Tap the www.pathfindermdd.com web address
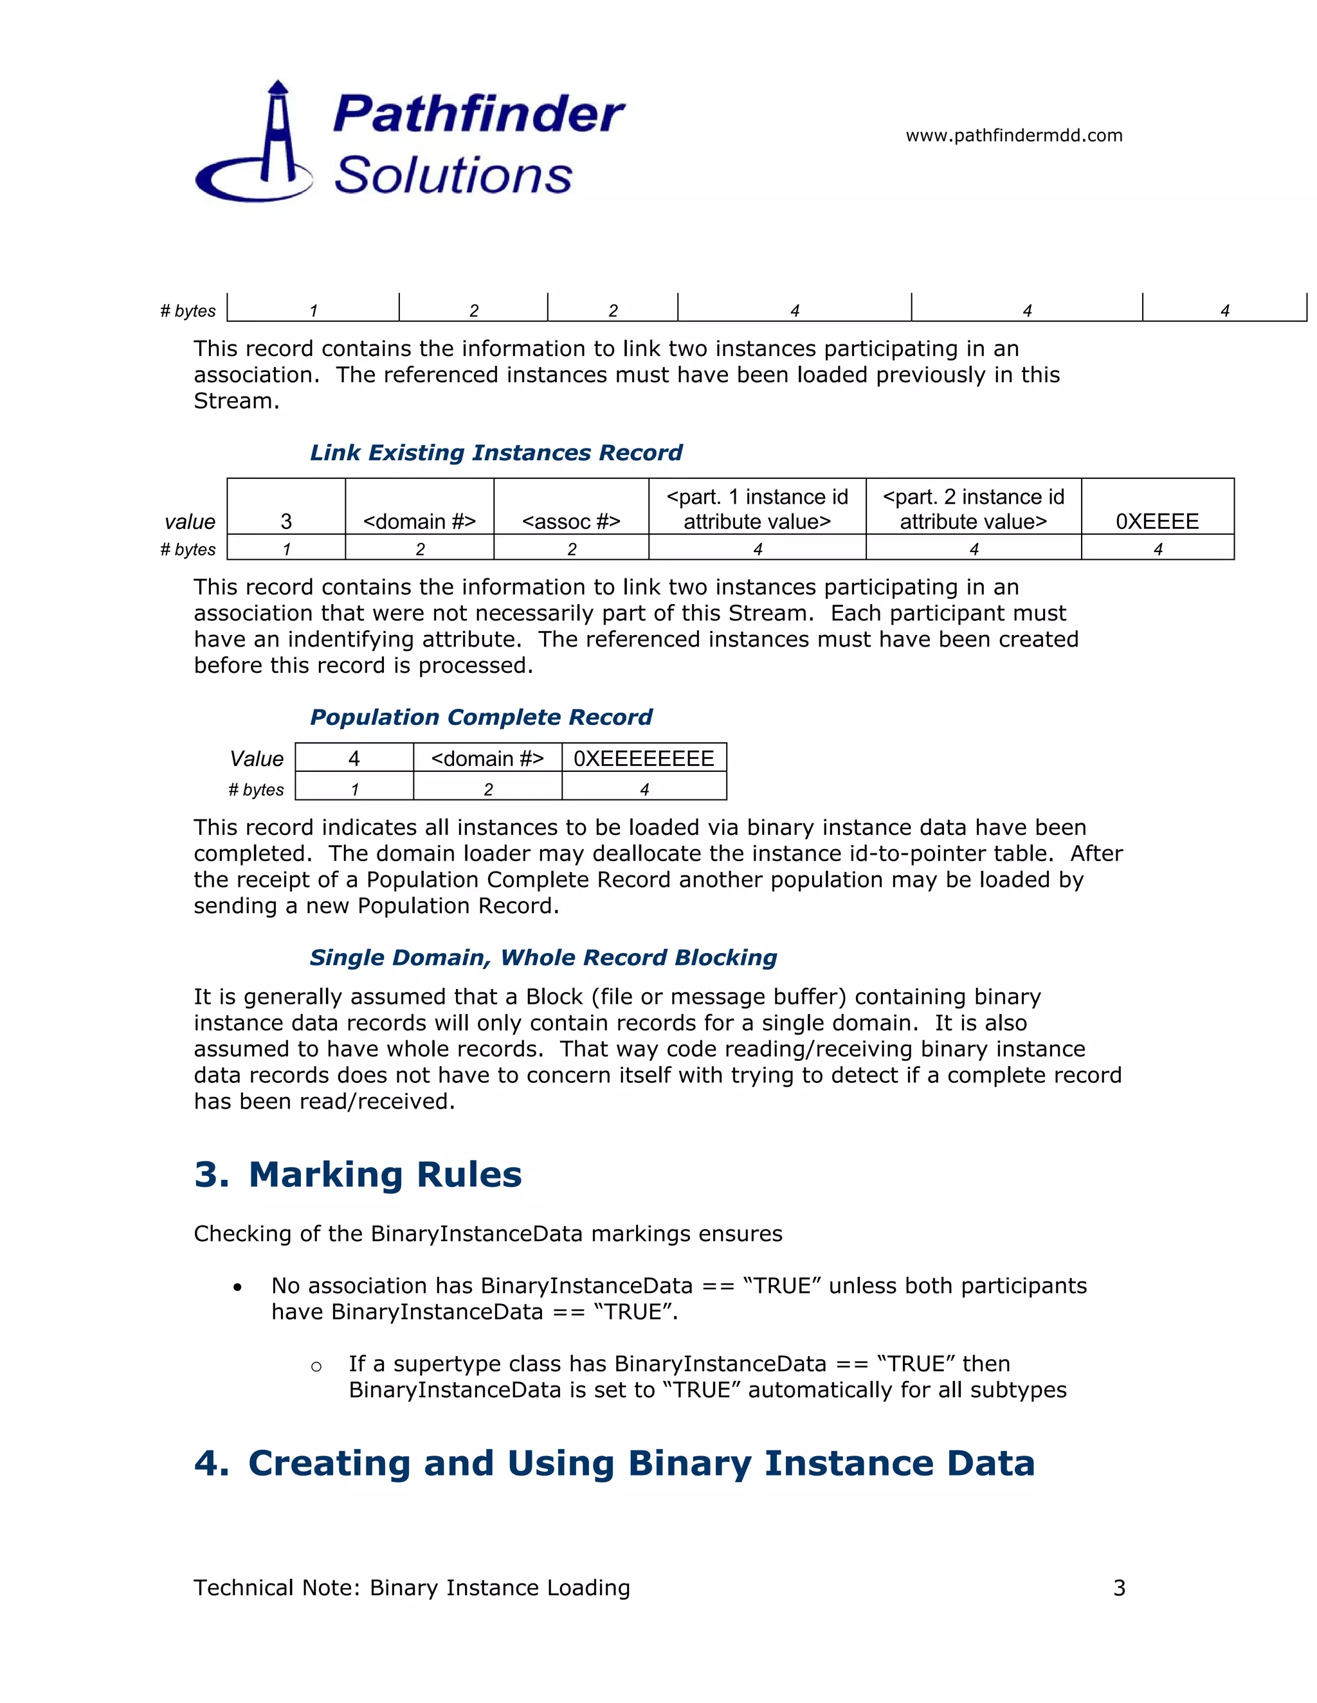(1013, 136)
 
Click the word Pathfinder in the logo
(478, 114)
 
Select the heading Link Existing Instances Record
(495, 452)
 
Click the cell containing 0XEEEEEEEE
(644, 758)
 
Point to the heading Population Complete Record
(480, 717)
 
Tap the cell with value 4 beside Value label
(354, 758)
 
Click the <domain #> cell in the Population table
(487, 758)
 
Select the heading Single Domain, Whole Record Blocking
(543, 957)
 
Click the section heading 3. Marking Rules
(358, 1173)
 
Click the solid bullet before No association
(237, 1287)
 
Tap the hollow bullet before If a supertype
(316, 1366)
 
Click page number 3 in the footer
(1119, 1587)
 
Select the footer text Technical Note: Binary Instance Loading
(411, 1587)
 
